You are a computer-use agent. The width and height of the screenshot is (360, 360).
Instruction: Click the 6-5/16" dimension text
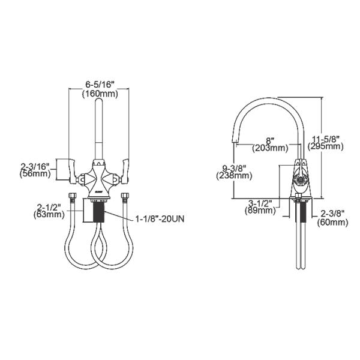pos(99,85)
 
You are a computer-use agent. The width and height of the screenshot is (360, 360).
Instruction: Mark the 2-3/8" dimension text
pos(334,214)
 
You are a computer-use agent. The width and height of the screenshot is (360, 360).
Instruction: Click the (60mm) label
pos(334,222)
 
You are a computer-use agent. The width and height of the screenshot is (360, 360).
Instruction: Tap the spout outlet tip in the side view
pos(235,143)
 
